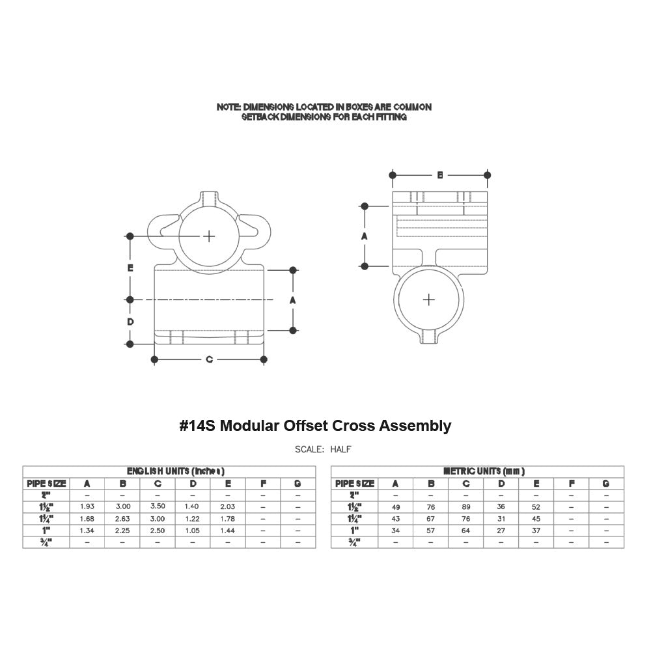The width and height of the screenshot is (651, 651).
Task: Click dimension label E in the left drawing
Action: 130,268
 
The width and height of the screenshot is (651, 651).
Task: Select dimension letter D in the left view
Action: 130,322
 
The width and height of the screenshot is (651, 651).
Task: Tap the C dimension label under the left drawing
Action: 209,359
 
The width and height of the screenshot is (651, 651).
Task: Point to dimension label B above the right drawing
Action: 440,174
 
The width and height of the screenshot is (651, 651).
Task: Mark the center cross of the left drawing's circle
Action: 208,236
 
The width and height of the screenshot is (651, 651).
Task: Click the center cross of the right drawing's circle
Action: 428,299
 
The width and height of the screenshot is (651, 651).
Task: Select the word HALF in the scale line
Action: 341,449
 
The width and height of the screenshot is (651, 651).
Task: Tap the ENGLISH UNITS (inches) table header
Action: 176,471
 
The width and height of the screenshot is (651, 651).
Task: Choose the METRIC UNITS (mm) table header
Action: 484,471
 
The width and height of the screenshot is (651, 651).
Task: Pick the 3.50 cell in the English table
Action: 157,506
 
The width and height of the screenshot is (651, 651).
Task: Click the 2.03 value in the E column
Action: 227,506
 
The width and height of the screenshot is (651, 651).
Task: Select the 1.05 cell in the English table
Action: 192,531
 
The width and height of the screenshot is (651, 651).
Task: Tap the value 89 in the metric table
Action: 465,506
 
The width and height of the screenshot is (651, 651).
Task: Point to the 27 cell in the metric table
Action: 501,531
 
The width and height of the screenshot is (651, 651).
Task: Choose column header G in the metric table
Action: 605,483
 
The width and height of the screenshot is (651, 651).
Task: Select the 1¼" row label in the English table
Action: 46,519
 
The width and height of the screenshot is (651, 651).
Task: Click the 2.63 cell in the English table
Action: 122,519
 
